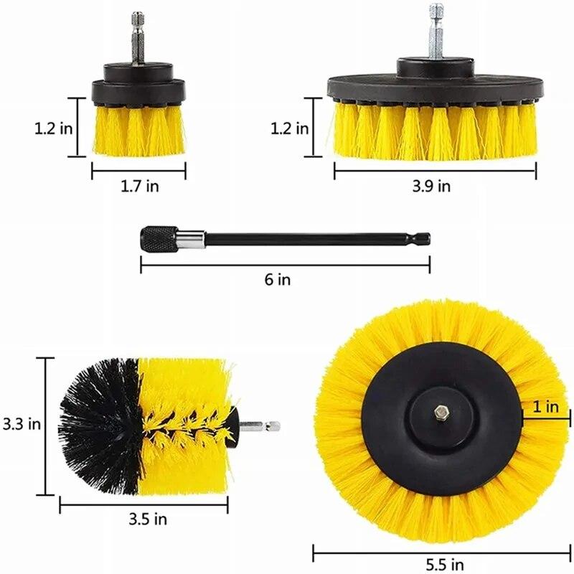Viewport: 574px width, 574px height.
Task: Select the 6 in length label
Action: click(278, 280)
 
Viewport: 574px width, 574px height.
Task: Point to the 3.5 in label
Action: click(147, 519)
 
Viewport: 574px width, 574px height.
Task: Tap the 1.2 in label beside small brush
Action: click(52, 128)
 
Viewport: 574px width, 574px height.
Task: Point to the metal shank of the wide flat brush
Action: click(435, 32)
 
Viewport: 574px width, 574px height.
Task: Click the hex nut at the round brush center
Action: click(441, 414)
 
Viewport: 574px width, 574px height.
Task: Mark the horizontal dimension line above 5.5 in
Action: click(441, 551)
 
